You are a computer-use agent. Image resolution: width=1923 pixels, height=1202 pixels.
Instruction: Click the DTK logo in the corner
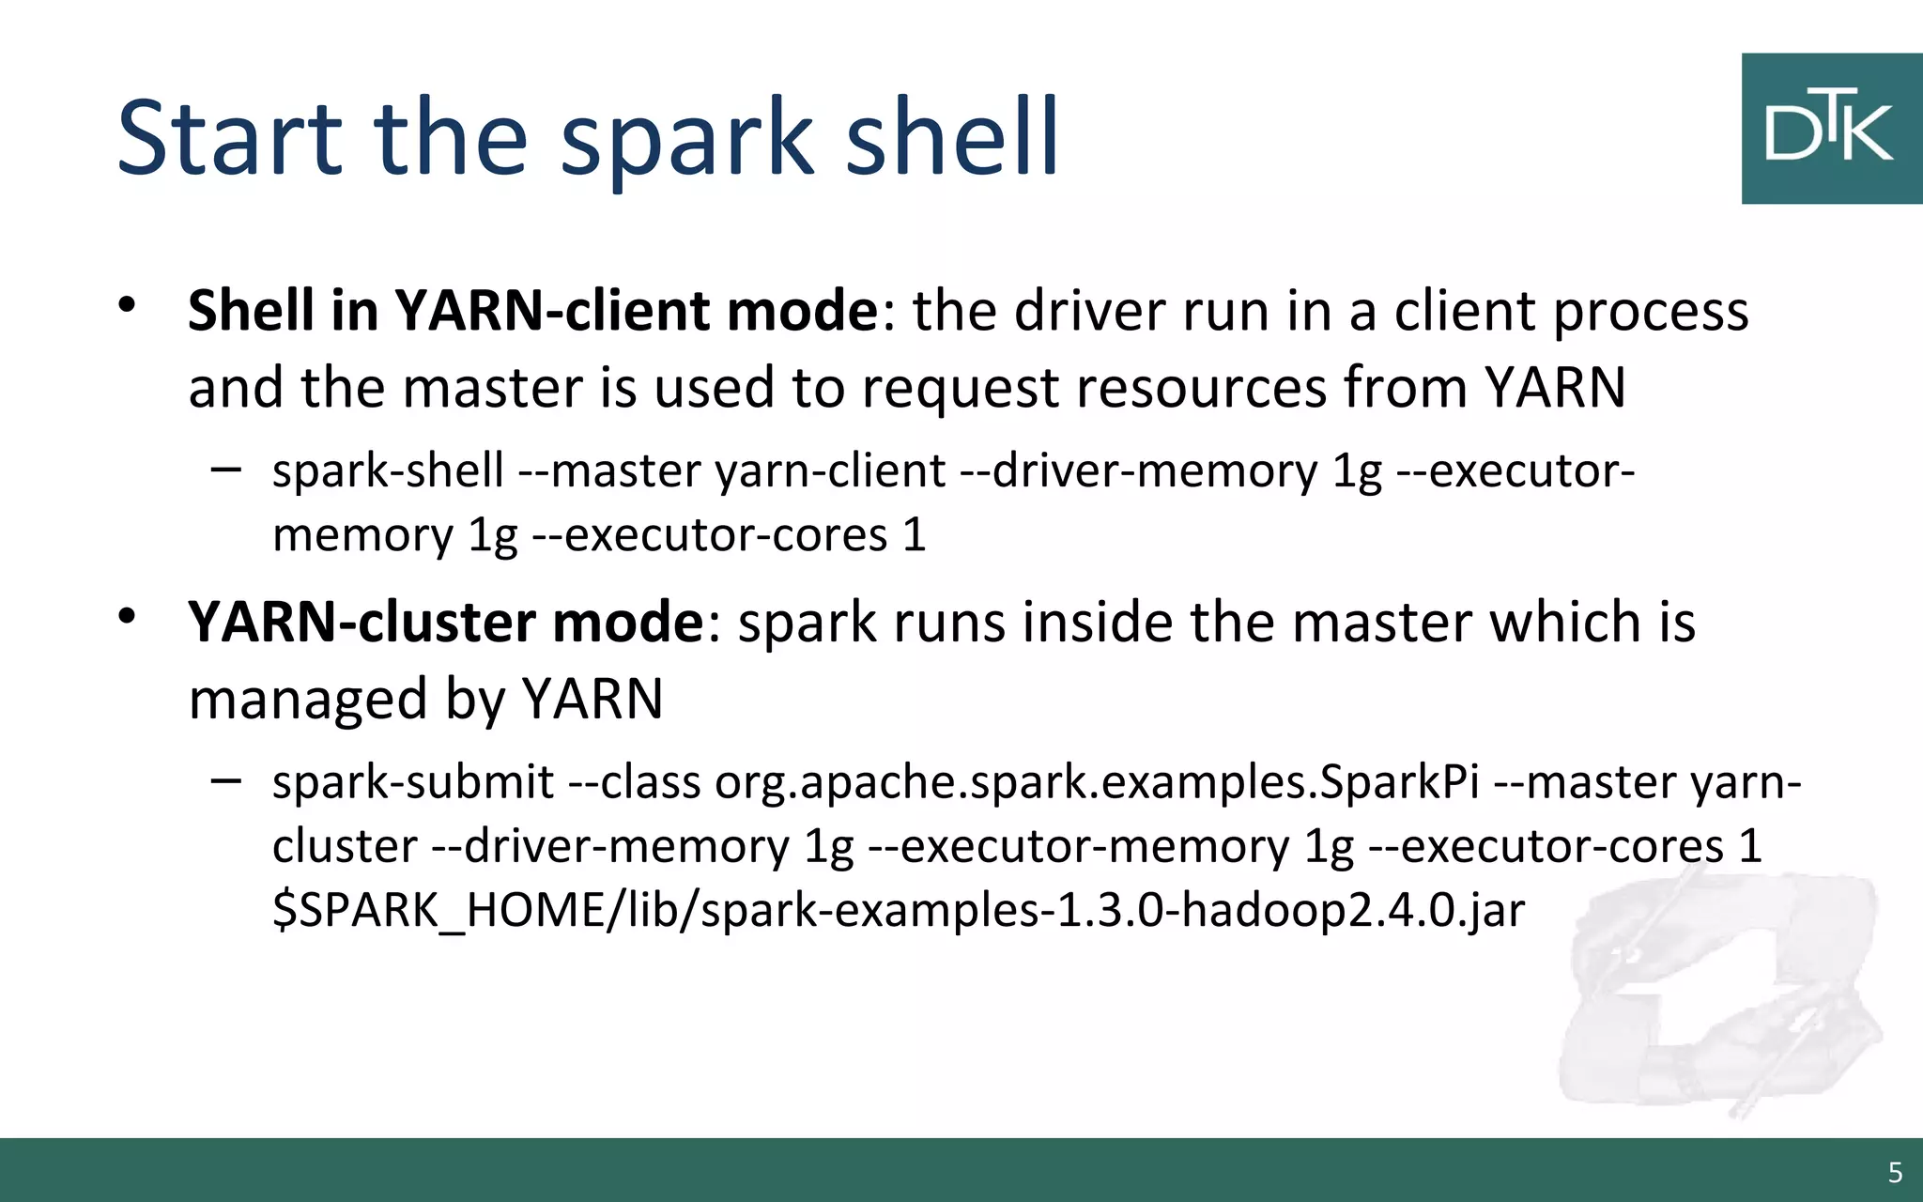(x=1830, y=129)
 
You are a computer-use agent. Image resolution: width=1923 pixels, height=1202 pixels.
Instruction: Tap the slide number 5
(x=1895, y=1173)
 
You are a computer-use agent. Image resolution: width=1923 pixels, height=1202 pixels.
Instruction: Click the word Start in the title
(x=230, y=138)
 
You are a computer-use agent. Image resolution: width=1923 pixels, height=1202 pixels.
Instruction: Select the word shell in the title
(x=952, y=138)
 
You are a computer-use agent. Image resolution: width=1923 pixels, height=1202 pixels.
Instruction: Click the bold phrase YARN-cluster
(x=362, y=623)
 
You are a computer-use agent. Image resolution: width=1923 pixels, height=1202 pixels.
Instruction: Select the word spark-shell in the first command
(x=388, y=470)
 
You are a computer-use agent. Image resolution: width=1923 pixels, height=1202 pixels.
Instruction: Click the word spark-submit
(x=413, y=782)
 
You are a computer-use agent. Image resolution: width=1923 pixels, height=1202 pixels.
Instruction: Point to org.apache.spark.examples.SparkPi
(x=1096, y=782)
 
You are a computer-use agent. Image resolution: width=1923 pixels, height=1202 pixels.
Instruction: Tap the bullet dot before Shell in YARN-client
(x=128, y=304)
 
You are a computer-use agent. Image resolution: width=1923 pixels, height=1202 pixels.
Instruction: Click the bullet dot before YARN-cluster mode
(x=128, y=616)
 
